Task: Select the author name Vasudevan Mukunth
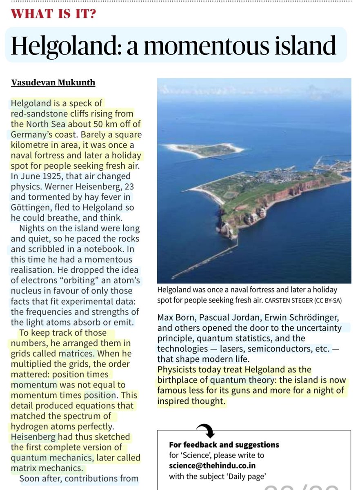point(53,82)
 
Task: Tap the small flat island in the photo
point(203,150)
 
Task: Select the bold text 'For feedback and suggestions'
point(224,444)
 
